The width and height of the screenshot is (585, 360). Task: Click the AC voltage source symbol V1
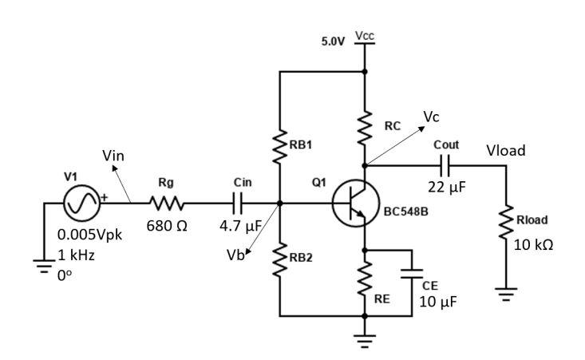pos(82,204)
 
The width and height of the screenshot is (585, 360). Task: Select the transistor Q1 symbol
pos(352,205)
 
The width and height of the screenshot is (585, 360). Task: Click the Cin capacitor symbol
pos(243,204)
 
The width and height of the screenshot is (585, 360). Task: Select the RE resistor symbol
pos(366,280)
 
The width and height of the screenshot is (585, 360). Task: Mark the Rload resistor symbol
pos(504,223)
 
